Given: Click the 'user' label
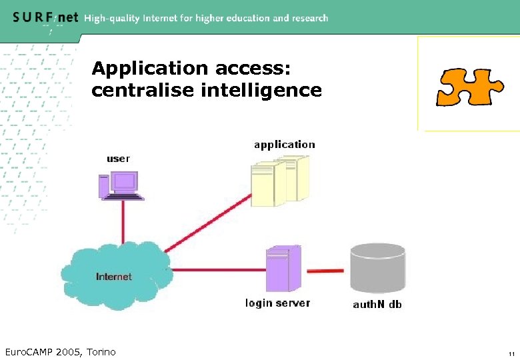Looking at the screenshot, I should tap(119, 159).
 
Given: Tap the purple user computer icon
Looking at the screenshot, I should tap(120, 185).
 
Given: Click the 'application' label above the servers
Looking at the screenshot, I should tap(284, 144).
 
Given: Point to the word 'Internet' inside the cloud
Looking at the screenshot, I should tap(114, 276).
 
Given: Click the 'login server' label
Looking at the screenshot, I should tap(277, 303).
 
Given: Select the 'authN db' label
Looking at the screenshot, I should tap(377, 305).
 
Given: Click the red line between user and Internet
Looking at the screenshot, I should tap(123, 221).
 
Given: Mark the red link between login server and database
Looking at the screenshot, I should tap(325, 271).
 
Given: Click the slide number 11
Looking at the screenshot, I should tap(510, 353).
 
